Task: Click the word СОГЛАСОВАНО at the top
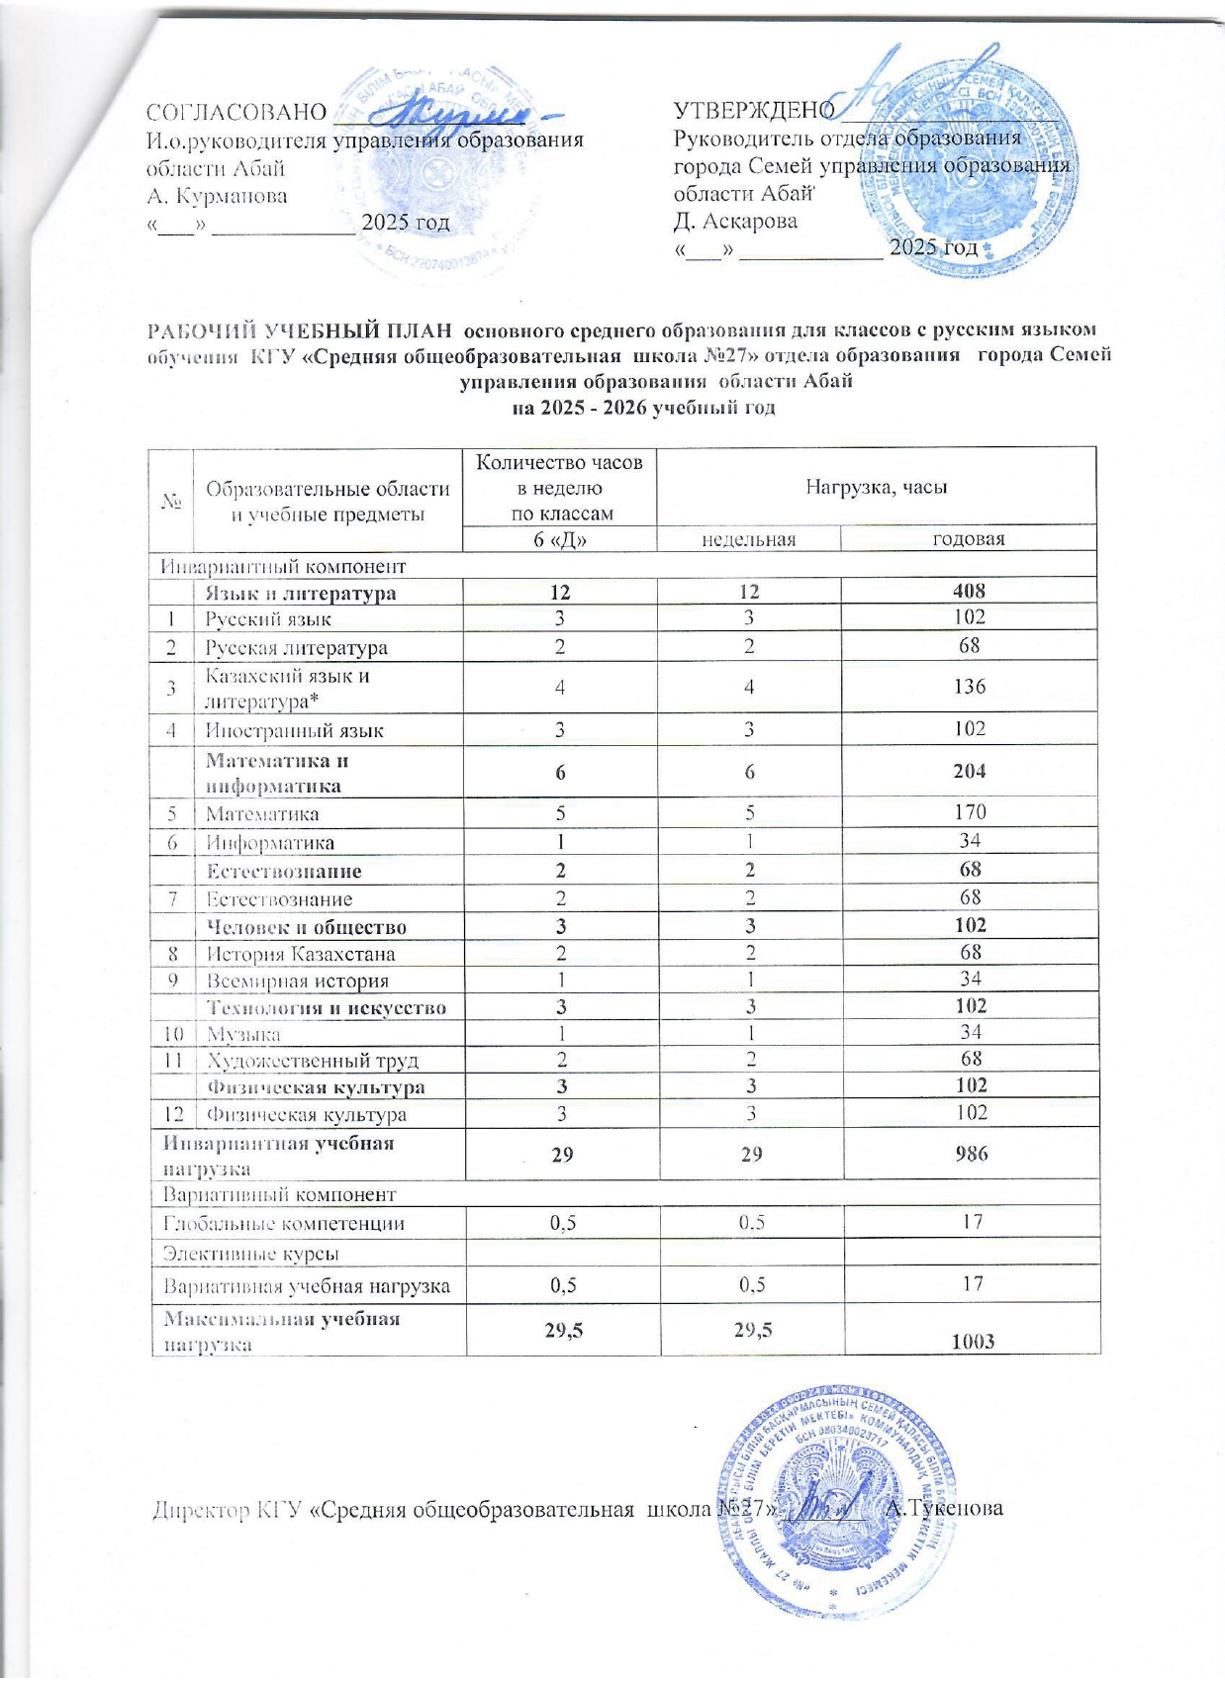point(236,113)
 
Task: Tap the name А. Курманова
point(217,196)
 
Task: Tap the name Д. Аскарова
point(735,221)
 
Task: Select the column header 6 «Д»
point(560,539)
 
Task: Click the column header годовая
point(969,539)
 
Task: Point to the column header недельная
point(748,539)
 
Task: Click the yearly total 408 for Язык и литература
point(969,592)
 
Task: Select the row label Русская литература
point(296,648)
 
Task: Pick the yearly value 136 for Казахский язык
point(969,687)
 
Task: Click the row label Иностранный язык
point(294,731)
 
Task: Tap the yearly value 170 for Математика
point(969,813)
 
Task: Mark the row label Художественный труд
point(312,1061)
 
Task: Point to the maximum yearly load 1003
point(973,1342)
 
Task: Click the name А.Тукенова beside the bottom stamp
point(945,1510)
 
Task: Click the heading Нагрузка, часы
point(876,486)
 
